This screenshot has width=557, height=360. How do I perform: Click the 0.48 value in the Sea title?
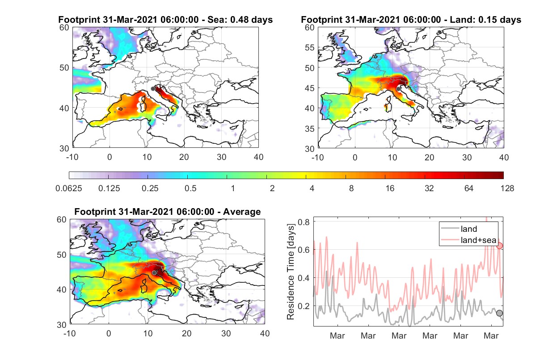239,20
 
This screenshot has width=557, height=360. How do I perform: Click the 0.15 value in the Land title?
487,20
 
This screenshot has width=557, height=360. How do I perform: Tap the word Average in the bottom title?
242,212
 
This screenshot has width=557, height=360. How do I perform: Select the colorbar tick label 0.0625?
69,188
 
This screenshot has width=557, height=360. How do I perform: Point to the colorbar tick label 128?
507,188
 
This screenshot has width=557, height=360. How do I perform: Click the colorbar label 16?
390,188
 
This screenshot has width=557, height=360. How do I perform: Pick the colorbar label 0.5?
190,188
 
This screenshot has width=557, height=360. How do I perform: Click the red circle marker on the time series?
499,246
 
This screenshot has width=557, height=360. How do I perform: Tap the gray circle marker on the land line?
499,313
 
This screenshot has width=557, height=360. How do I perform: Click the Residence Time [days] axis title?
291,272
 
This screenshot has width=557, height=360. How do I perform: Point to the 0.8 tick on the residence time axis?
304,222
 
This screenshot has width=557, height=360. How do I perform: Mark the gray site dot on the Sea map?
153,89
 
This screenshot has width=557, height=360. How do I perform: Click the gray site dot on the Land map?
398,89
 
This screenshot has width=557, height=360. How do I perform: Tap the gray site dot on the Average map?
154,273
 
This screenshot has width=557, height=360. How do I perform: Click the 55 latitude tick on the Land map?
309,47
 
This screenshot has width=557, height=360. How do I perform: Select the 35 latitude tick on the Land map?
309,129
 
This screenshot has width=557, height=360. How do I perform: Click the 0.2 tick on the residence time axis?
304,306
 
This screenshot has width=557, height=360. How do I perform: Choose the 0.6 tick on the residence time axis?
304,250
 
